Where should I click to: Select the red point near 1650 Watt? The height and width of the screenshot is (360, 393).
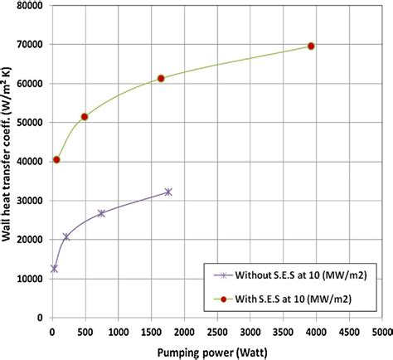point(161,78)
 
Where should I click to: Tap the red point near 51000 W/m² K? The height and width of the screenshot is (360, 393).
point(85,117)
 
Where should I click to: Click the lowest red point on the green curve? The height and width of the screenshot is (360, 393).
point(56,159)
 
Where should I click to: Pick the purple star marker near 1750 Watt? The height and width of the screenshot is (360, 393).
point(168,192)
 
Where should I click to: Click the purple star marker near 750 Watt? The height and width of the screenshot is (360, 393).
point(101,213)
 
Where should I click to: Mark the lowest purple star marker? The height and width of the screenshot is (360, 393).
point(55,269)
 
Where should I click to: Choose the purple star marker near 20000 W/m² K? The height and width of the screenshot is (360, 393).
point(66,237)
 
